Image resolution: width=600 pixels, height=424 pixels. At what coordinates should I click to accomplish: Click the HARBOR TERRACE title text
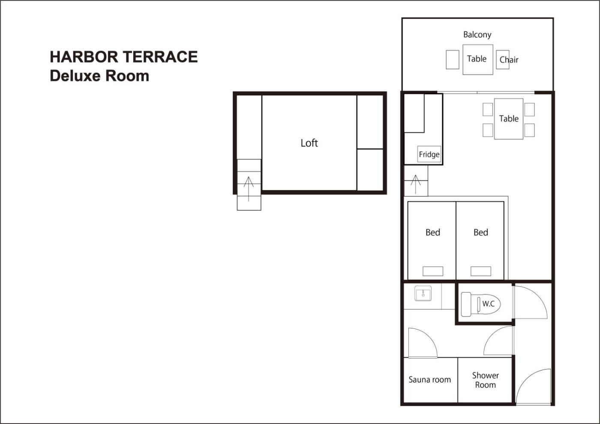pos(124,57)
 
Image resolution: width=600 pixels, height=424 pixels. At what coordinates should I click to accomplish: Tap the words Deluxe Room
pos(99,76)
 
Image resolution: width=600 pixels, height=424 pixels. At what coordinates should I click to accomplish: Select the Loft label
pos(309,143)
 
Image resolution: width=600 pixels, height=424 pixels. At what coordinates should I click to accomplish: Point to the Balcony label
pos(477,35)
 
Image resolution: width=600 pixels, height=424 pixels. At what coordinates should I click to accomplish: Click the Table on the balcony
pos(478,60)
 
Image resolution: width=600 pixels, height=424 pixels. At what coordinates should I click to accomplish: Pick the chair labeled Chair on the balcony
pos(502,60)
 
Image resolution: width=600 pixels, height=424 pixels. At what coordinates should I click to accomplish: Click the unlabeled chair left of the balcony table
pos(453,60)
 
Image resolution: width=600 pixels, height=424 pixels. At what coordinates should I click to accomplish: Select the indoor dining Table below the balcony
pos(509,119)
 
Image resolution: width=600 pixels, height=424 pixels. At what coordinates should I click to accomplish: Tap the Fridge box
pos(429,154)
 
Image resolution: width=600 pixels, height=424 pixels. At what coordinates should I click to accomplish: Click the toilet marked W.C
pos(481,304)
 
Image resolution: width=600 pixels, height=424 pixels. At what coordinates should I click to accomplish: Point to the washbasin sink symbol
pos(423,293)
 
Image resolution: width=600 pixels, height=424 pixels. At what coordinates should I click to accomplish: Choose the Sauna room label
pos(429,379)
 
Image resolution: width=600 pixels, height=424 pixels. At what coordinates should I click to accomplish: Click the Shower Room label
pos(485,380)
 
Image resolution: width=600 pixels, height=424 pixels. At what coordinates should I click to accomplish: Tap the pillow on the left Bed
pos(433,271)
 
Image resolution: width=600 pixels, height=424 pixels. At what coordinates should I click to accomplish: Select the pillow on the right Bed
pos(481,271)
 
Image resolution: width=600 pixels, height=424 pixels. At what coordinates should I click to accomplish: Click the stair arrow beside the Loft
pos(249,189)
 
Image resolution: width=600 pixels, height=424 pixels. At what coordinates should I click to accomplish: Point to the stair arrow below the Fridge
pos(415,184)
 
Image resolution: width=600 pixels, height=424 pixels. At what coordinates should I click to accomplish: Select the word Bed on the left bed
pos(433,232)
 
